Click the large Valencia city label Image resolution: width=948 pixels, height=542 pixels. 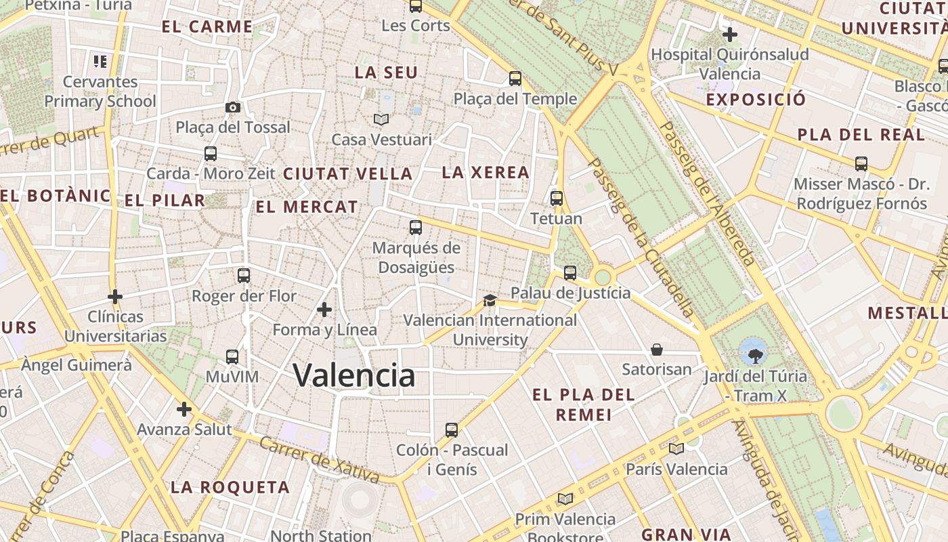[354, 375]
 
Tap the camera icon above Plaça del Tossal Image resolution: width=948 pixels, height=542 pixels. [232, 107]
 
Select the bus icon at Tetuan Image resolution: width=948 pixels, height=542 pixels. [557, 199]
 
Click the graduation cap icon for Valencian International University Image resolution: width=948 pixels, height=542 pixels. [490, 300]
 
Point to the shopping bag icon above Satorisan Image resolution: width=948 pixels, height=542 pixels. [657, 350]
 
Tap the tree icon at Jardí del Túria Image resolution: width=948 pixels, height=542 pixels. [754, 351]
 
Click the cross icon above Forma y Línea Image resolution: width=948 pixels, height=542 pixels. [324, 310]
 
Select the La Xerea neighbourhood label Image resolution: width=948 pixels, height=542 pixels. [486, 173]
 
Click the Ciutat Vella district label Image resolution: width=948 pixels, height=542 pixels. [347, 174]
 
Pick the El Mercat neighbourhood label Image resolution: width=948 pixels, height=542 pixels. [307, 207]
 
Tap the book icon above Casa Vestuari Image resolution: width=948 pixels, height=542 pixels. [381, 119]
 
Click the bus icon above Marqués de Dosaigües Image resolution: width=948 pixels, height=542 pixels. [416, 228]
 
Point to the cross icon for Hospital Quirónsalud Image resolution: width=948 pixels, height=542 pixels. [729, 34]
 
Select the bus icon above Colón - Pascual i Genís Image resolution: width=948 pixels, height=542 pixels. [452, 430]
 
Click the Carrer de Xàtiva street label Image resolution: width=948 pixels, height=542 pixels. [320, 462]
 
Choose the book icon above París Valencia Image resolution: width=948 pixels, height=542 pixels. [676, 449]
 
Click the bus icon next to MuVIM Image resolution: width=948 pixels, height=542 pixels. [232, 356]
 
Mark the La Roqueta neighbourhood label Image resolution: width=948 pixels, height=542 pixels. [230, 487]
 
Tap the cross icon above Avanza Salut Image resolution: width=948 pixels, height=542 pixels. [184, 409]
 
